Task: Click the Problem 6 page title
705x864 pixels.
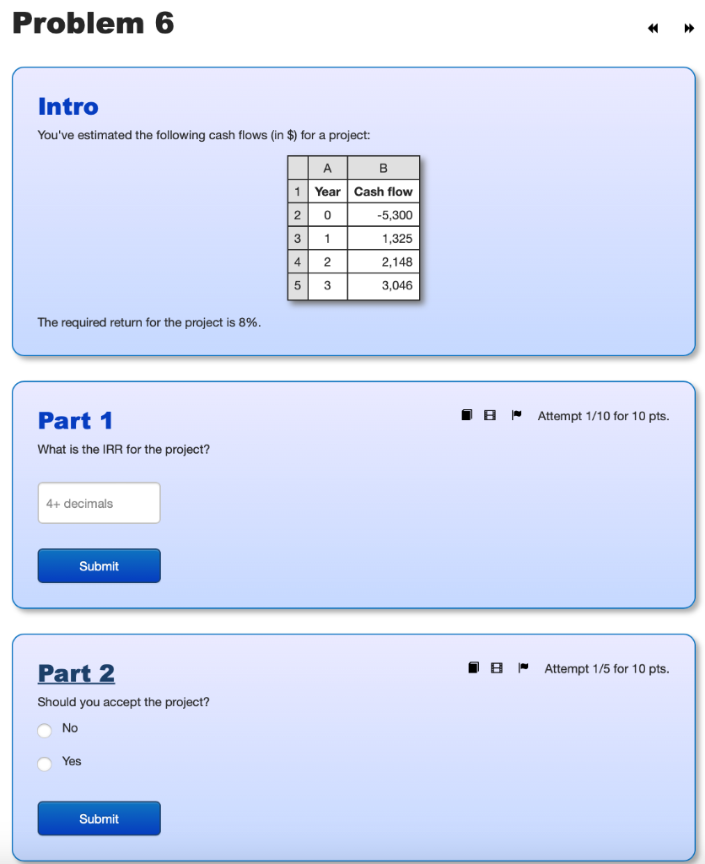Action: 94,24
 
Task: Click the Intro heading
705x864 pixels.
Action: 68,107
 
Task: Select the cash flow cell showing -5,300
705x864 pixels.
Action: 383,215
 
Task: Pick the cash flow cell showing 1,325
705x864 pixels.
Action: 383,239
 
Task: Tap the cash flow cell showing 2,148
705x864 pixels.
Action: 383,262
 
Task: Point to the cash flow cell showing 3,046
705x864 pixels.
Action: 383,286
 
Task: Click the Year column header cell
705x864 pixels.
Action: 327,192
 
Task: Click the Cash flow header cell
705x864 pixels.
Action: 383,192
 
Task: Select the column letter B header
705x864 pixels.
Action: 383,168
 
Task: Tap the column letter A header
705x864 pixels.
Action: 327,168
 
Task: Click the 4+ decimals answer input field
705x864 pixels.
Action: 99,504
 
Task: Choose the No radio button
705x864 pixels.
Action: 45,730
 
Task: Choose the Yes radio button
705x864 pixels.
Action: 45,763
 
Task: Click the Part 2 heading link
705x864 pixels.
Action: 76,673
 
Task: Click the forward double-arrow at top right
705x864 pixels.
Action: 689,29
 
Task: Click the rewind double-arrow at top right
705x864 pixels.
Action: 653,29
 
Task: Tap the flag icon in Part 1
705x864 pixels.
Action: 518,415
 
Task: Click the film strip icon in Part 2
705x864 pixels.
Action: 498,668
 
